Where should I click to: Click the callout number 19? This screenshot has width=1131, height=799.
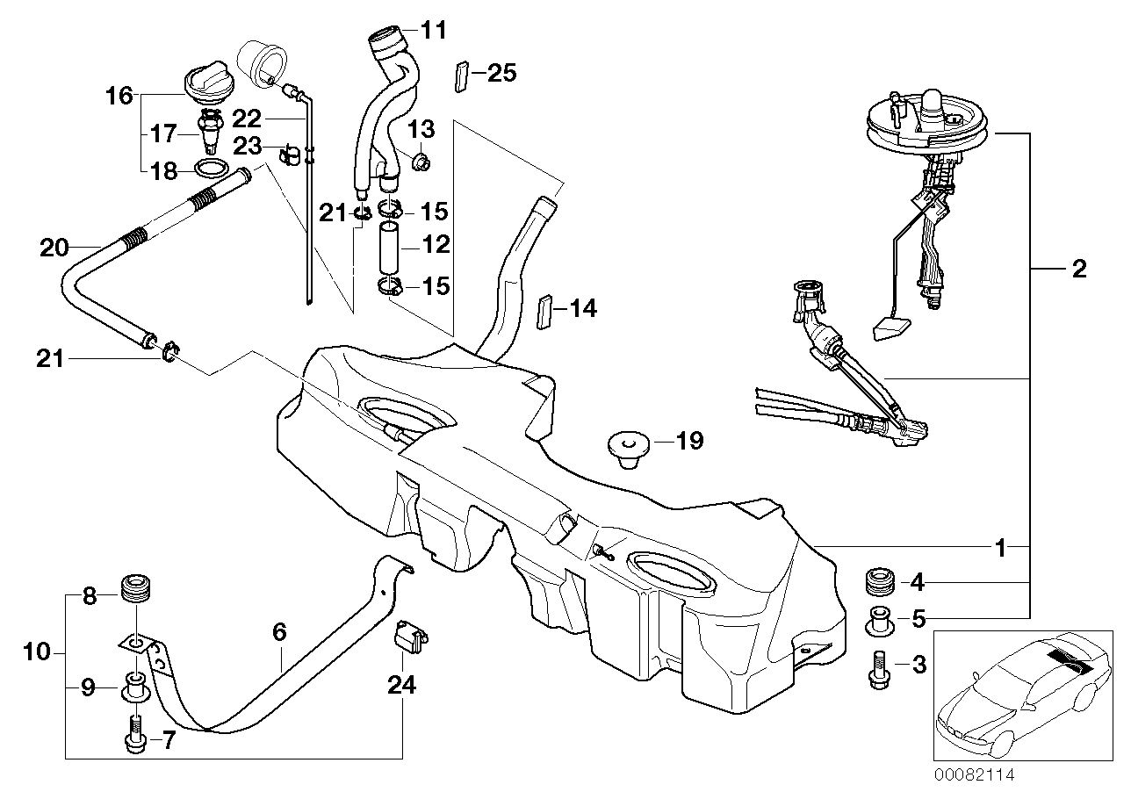click(x=689, y=440)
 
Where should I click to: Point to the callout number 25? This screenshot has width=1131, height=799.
click(x=502, y=73)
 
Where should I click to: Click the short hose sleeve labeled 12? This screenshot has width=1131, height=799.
click(x=390, y=248)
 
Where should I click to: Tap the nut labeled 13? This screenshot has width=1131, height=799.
click(x=420, y=161)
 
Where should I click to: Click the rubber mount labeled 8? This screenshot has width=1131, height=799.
click(x=135, y=587)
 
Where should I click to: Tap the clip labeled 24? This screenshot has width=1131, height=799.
click(x=410, y=637)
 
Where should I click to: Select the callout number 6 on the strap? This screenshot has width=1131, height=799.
click(x=279, y=631)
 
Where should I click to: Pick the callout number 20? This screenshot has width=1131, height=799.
click(x=54, y=248)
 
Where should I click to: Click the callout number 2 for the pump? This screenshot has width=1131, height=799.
click(x=1078, y=269)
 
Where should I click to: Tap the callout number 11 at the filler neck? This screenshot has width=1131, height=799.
click(x=433, y=31)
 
